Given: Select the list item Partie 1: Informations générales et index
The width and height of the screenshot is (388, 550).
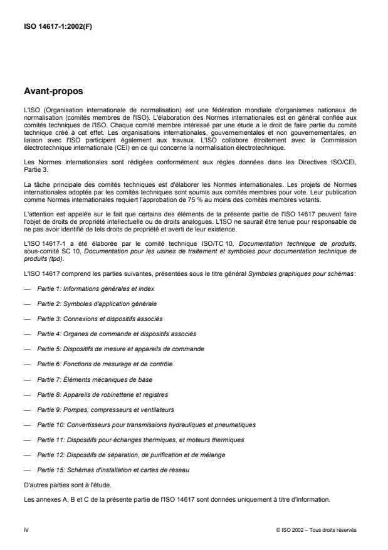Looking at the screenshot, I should point(95,289).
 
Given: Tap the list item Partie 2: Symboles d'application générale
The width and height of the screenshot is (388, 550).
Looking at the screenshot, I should point(97,304).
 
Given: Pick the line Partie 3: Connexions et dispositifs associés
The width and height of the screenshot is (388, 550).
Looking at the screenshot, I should point(100,319).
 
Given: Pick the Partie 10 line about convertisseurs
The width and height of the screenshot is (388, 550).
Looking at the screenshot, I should point(146,425).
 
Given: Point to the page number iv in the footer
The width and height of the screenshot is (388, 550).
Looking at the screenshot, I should point(25,530).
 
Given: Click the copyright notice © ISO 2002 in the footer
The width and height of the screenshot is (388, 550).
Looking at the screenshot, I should point(316,531).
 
